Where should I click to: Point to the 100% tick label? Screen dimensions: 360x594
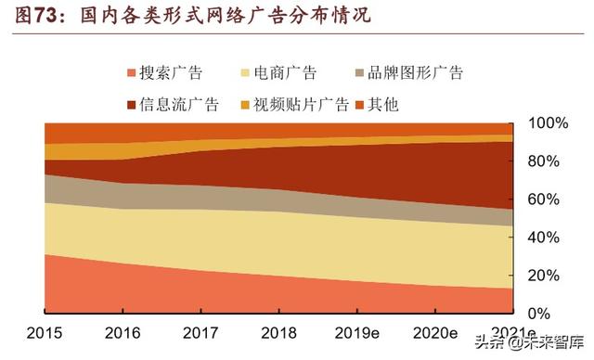pyautogui.click(x=545, y=123)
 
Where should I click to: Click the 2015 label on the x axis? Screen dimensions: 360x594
pyautogui.click(x=44, y=334)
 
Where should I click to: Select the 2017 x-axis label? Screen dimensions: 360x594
pyautogui.click(x=200, y=334)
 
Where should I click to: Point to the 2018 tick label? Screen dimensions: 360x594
pyautogui.click(x=278, y=334)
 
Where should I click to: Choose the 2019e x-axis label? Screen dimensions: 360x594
pyautogui.click(x=357, y=334)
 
